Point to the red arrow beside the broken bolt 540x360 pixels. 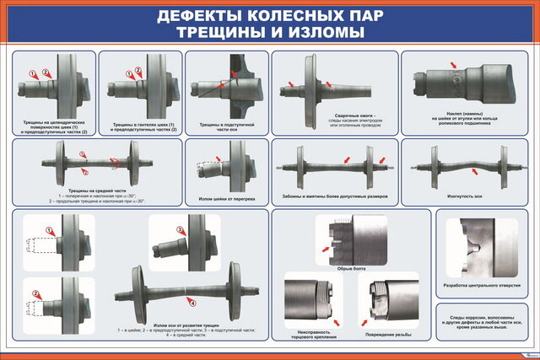[x=325, y=250]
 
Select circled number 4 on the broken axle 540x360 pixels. [x=192, y=302]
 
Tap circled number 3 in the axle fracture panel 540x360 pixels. [x=179, y=229]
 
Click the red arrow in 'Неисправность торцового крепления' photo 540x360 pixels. [x=337, y=322]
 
